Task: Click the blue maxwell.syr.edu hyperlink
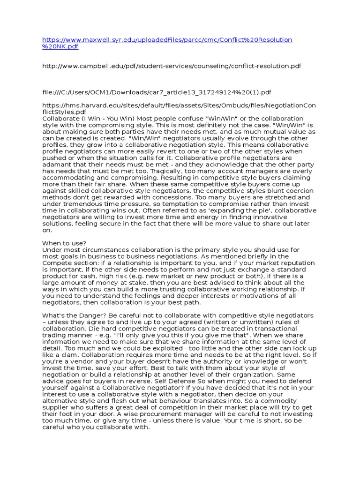167,40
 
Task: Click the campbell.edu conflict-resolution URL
172,67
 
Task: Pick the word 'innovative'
274,217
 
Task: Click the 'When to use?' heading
64,243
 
